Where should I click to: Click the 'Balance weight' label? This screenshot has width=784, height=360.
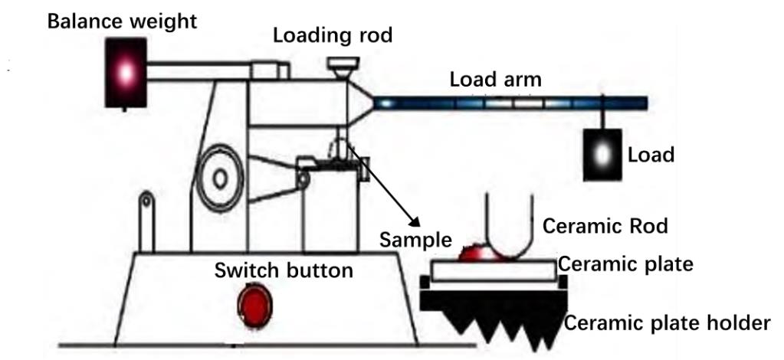pyautogui.click(x=123, y=21)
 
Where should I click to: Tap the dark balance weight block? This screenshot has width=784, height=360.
pyautogui.click(x=126, y=73)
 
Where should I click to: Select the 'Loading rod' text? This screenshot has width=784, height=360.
pyautogui.click(x=333, y=35)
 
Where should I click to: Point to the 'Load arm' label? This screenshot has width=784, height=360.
pyautogui.click(x=496, y=79)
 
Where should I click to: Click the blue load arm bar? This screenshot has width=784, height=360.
pyautogui.click(x=510, y=103)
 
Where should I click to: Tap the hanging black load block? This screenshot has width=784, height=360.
pyautogui.click(x=602, y=155)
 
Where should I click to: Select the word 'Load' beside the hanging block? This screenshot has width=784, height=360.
pyautogui.click(x=651, y=155)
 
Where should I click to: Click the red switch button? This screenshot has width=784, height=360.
pyautogui.click(x=254, y=305)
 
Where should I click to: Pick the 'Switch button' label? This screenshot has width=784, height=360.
pyautogui.click(x=284, y=270)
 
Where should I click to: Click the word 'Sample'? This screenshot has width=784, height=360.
pyautogui.click(x=415, y=240)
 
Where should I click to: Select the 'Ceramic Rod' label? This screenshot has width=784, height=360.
pyautogui.click(x=605, y=226)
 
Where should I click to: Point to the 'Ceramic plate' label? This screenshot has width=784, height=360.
pyautogui.click(x=625, y=263)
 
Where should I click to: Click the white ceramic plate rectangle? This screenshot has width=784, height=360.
pyautogui.click(x=494, y=270)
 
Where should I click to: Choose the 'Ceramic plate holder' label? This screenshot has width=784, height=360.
pyautogui.click(x=668, y=323)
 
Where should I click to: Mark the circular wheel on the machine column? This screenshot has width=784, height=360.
pyautogui.click(x=220, y=178)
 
